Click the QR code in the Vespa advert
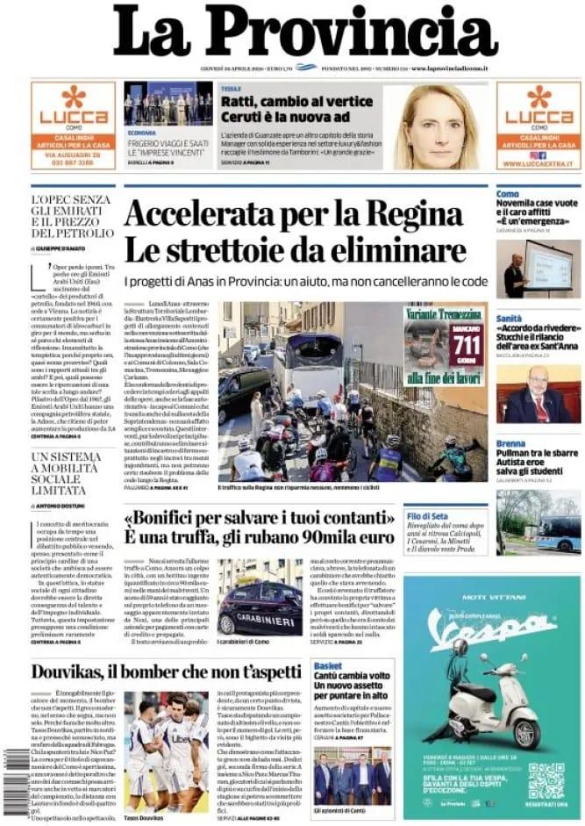pos(546,779)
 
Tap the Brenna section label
pos(510,444)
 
